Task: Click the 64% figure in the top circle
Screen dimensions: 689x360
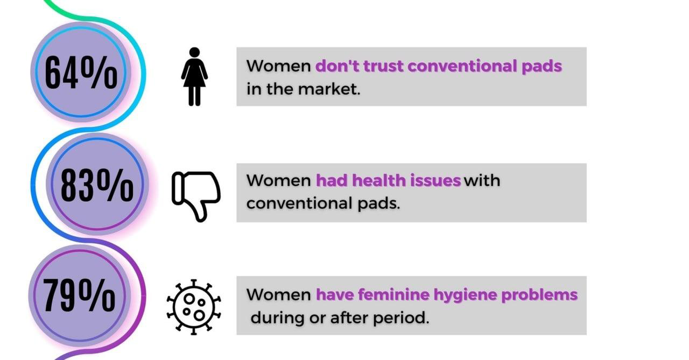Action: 81,73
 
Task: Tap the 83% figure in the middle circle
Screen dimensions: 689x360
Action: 97,185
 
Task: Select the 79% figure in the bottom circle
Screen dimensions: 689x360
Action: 79,295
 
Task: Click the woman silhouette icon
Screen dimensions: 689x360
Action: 194,76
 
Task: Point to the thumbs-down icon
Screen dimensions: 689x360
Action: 196,196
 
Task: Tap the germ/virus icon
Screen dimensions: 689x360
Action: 194,307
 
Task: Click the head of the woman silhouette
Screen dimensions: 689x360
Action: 194,52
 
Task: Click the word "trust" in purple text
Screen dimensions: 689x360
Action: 383,66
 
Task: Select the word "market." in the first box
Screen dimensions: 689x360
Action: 329,89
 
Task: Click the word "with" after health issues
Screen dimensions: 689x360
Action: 482,180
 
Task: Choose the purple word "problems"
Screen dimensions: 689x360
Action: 539,295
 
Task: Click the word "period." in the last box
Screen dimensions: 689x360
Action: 401,318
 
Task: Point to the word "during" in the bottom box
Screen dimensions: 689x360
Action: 278,317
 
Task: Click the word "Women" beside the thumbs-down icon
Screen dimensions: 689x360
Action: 279,180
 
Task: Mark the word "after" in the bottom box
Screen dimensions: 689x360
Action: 349,317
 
